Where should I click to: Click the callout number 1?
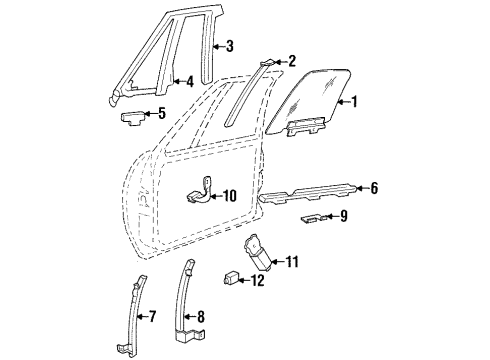pos(353,100)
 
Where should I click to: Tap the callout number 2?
pos(291,62)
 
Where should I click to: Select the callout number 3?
pos(230,46)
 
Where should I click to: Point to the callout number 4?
pos(188,82)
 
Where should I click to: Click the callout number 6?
pos(374,188)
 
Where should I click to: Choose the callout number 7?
pos(153,318)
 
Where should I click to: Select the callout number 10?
pos(229,195)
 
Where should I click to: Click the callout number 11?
pos(291,262)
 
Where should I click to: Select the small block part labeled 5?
pos(134,116)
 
